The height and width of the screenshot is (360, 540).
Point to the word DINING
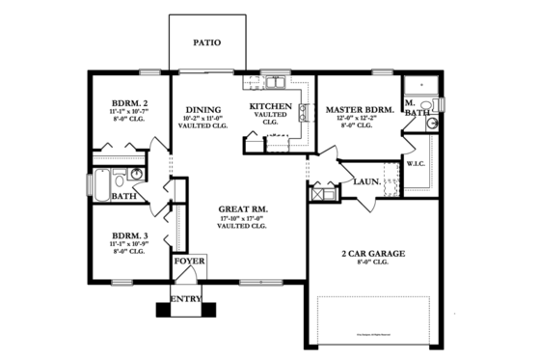(x=202, y=110)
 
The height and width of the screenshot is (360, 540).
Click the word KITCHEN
(x=270, y=106)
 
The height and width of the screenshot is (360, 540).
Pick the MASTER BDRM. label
(x=360, y=110)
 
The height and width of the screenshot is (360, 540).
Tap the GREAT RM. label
(x=242, y=209)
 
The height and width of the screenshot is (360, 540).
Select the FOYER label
(x=187, y=262)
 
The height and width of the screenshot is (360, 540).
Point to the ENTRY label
(x=186, y=300)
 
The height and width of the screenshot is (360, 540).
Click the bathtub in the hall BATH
(x=99, y=180)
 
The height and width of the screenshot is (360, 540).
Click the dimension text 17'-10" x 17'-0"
(x=242, y=219)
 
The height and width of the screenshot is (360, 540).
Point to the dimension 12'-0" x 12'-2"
(x=360, y=120)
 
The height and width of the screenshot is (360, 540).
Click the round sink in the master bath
(x=431, y=124)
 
